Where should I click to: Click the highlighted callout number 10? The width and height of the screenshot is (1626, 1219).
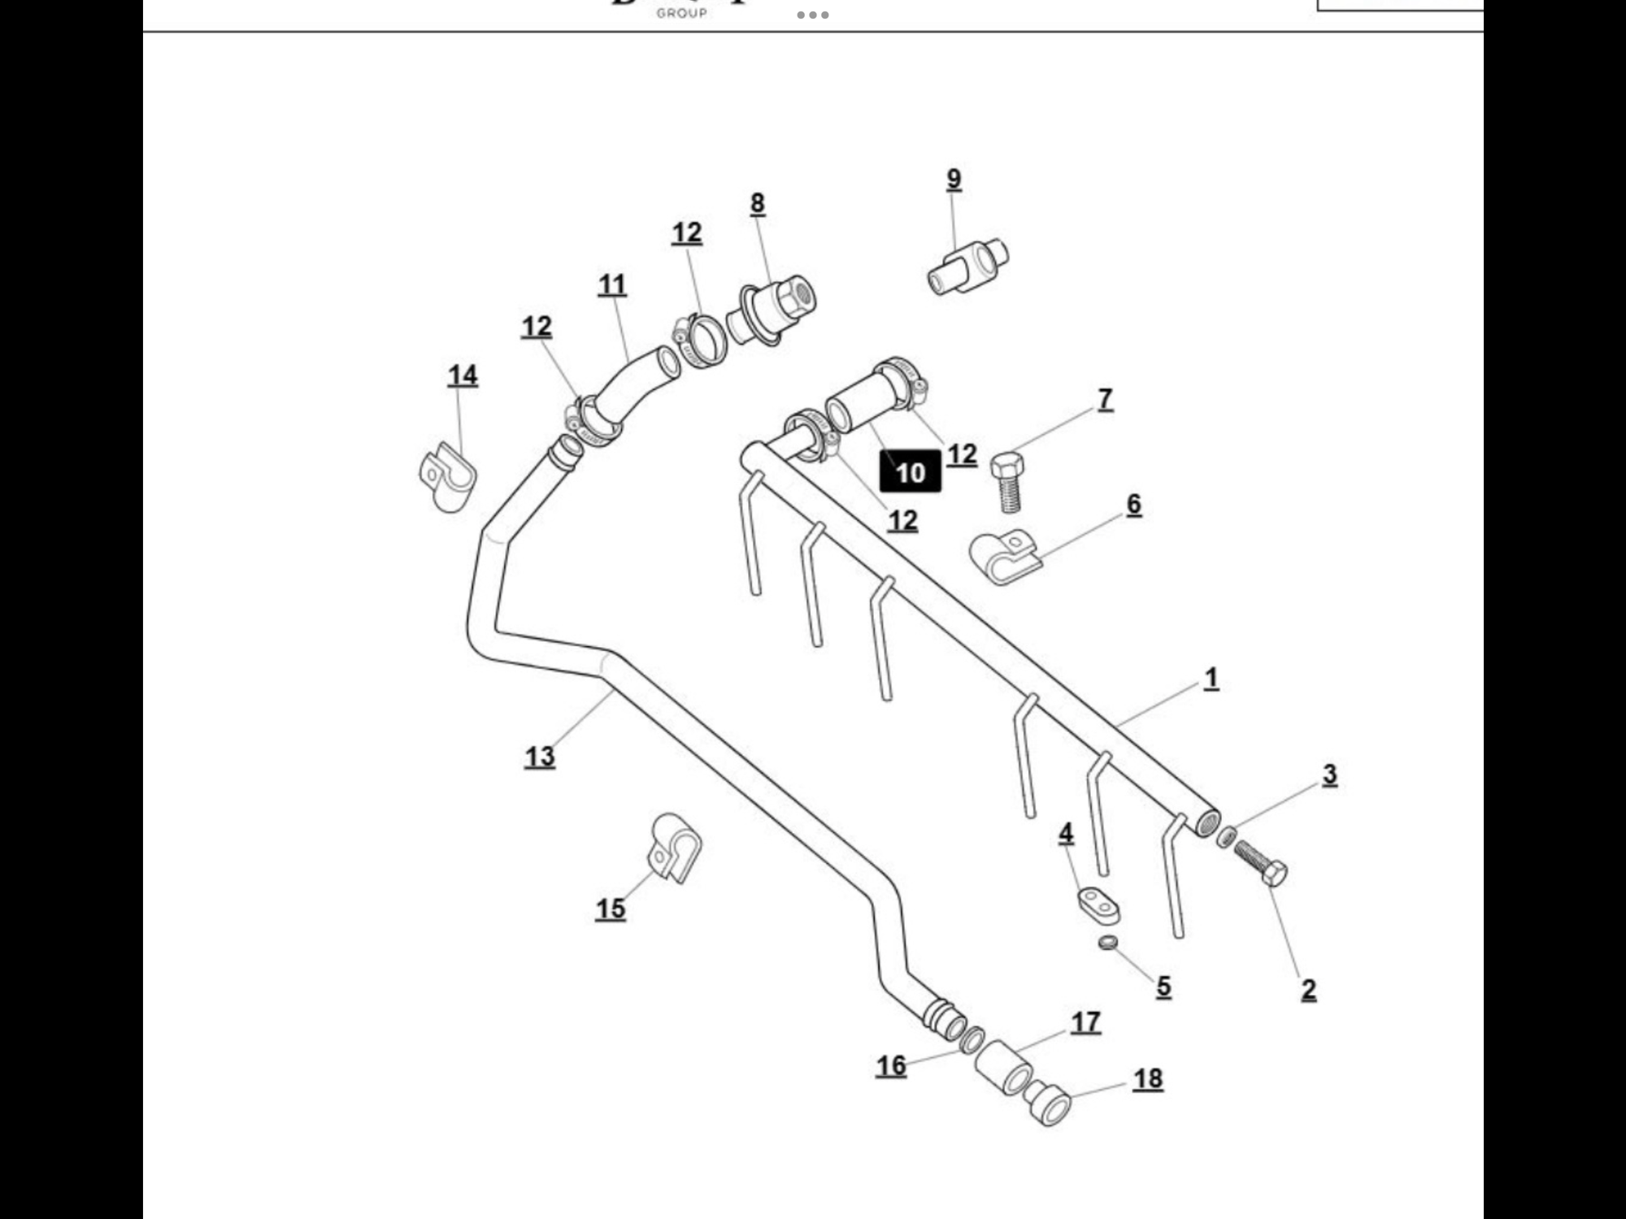click(910, 472)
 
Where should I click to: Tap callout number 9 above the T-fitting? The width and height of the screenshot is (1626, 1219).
click(954, 180)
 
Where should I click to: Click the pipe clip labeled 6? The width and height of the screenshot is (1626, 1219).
click(1005, 557)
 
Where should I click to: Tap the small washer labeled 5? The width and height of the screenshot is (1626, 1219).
click(1106, 944)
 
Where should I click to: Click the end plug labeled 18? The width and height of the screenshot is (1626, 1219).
click(1048, 1103)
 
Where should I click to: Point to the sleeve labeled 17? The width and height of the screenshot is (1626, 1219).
click(1005, 1069)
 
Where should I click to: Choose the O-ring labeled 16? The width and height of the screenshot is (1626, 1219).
click(972, 1039)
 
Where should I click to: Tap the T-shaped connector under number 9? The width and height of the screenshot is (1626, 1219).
click(968, 267)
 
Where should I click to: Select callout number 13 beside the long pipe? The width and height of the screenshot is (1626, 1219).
click(540, 757)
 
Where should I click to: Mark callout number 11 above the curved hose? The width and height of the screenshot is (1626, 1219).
click(612, 285)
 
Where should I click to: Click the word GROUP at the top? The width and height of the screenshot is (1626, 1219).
click(681, 13)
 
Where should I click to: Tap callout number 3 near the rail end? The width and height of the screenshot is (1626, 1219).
click(1329, 775)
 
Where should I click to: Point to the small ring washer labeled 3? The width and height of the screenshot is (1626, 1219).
click(1227, 836)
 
